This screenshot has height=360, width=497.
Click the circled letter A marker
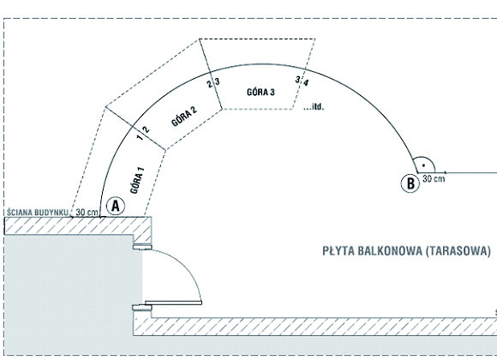[116, 207]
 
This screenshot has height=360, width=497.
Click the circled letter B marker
[410, 183]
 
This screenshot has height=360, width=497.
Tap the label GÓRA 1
[137, 180]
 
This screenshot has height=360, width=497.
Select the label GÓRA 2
[184, 116]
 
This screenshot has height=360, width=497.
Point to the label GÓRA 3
[260, 93]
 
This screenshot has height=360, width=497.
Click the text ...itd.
[314, 107]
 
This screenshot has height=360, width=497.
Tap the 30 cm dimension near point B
[434, 179]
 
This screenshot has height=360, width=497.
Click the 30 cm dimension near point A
[87, 213]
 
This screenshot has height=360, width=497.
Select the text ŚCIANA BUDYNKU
[37, 213]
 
